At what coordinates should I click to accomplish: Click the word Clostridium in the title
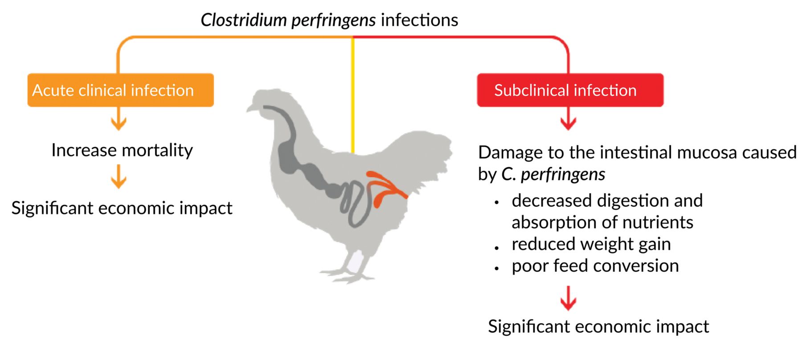(x=243, y=20)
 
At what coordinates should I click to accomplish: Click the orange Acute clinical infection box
(x=120, y=90)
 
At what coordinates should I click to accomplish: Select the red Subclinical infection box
(x=570, y=90)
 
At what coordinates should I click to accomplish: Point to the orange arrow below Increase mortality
(x=119, y=177)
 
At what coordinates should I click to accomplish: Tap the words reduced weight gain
(x=591, y=244)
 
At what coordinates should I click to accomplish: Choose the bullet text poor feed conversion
(x=595, y=266)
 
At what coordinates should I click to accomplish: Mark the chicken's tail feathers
(x=428, y=147)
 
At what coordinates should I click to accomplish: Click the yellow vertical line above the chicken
(x=353, y=98)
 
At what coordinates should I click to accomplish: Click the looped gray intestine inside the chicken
(x=356, y=203)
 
